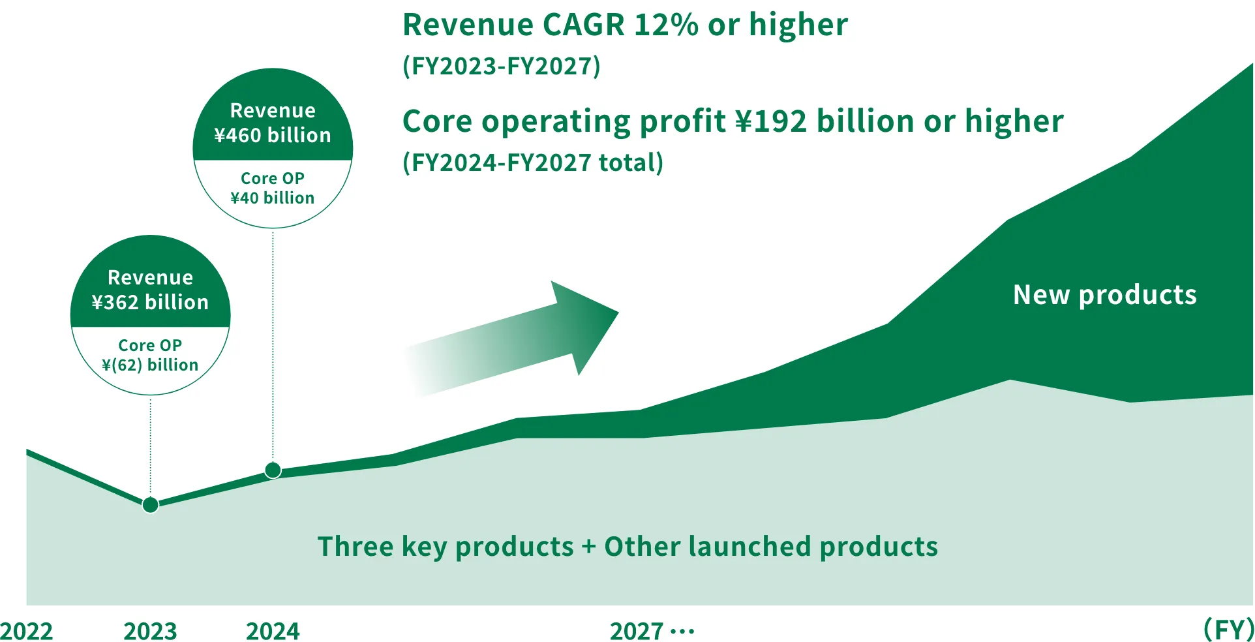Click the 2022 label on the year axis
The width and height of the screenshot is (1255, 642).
pos(27,631)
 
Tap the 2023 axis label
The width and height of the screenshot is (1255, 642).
pos(150,631)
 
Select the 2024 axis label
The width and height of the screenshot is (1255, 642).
pos(273,631)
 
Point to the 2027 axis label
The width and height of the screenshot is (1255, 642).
pos(637,631)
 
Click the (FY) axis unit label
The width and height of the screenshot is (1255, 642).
pos(1228,630)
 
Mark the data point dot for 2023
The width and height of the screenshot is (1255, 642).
pos(150,505)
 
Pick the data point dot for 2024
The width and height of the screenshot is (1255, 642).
pos(273,470)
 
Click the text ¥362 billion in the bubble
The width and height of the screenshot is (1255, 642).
pos(150,302)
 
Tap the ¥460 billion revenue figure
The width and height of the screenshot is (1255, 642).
pos(273,135)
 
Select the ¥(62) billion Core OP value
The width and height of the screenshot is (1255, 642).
pos(150,365)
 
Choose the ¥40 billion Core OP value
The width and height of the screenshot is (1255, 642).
pos(273,198)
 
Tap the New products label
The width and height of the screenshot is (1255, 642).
pos(1105,295)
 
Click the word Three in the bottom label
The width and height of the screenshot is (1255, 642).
pos(355,546)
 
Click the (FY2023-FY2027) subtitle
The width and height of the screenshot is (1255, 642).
pos(502,66)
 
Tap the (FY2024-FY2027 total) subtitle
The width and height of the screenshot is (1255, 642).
pos(533,162)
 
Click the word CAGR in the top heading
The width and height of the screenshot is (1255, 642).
pos(584,25)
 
